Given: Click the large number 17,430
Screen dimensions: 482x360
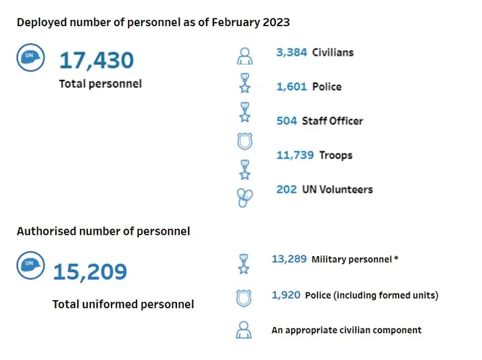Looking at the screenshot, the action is click(96, 60).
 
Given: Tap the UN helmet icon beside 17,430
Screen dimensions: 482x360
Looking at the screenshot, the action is click(30, 57).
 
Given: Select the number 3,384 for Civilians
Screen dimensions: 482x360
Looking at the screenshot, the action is click(291, 52).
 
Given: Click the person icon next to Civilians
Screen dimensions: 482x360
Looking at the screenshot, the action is click(244, 56).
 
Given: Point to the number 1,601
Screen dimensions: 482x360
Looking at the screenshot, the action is click(291, 87).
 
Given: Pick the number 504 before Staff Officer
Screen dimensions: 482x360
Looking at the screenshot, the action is click(286, 120).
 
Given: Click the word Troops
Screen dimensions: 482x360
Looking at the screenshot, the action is click(336, 156).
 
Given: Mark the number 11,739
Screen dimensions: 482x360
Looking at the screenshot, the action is click(295, 155).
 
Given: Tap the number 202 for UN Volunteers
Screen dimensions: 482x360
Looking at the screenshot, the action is click(286, 189).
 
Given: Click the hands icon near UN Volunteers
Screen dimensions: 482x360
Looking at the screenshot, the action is click(244, 198).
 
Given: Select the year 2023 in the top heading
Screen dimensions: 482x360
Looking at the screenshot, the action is click(276, 23).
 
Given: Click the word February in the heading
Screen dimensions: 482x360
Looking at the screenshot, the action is click(235, 23).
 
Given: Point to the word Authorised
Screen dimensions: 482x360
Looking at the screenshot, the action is click(47, 231).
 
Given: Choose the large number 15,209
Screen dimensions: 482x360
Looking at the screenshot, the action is click(90, 272).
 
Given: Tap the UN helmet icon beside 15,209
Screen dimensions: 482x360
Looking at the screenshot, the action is click(30, 266).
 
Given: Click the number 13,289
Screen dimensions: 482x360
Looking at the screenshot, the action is click(289, 259).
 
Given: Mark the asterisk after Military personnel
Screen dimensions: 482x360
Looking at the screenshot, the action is click(396, 259).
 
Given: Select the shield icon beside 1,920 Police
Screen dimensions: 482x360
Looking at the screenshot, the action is click(244, 298).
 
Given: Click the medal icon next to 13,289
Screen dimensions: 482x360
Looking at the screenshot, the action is click(244, 264).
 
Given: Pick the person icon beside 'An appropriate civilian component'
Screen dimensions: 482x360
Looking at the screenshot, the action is click(244, 330).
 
